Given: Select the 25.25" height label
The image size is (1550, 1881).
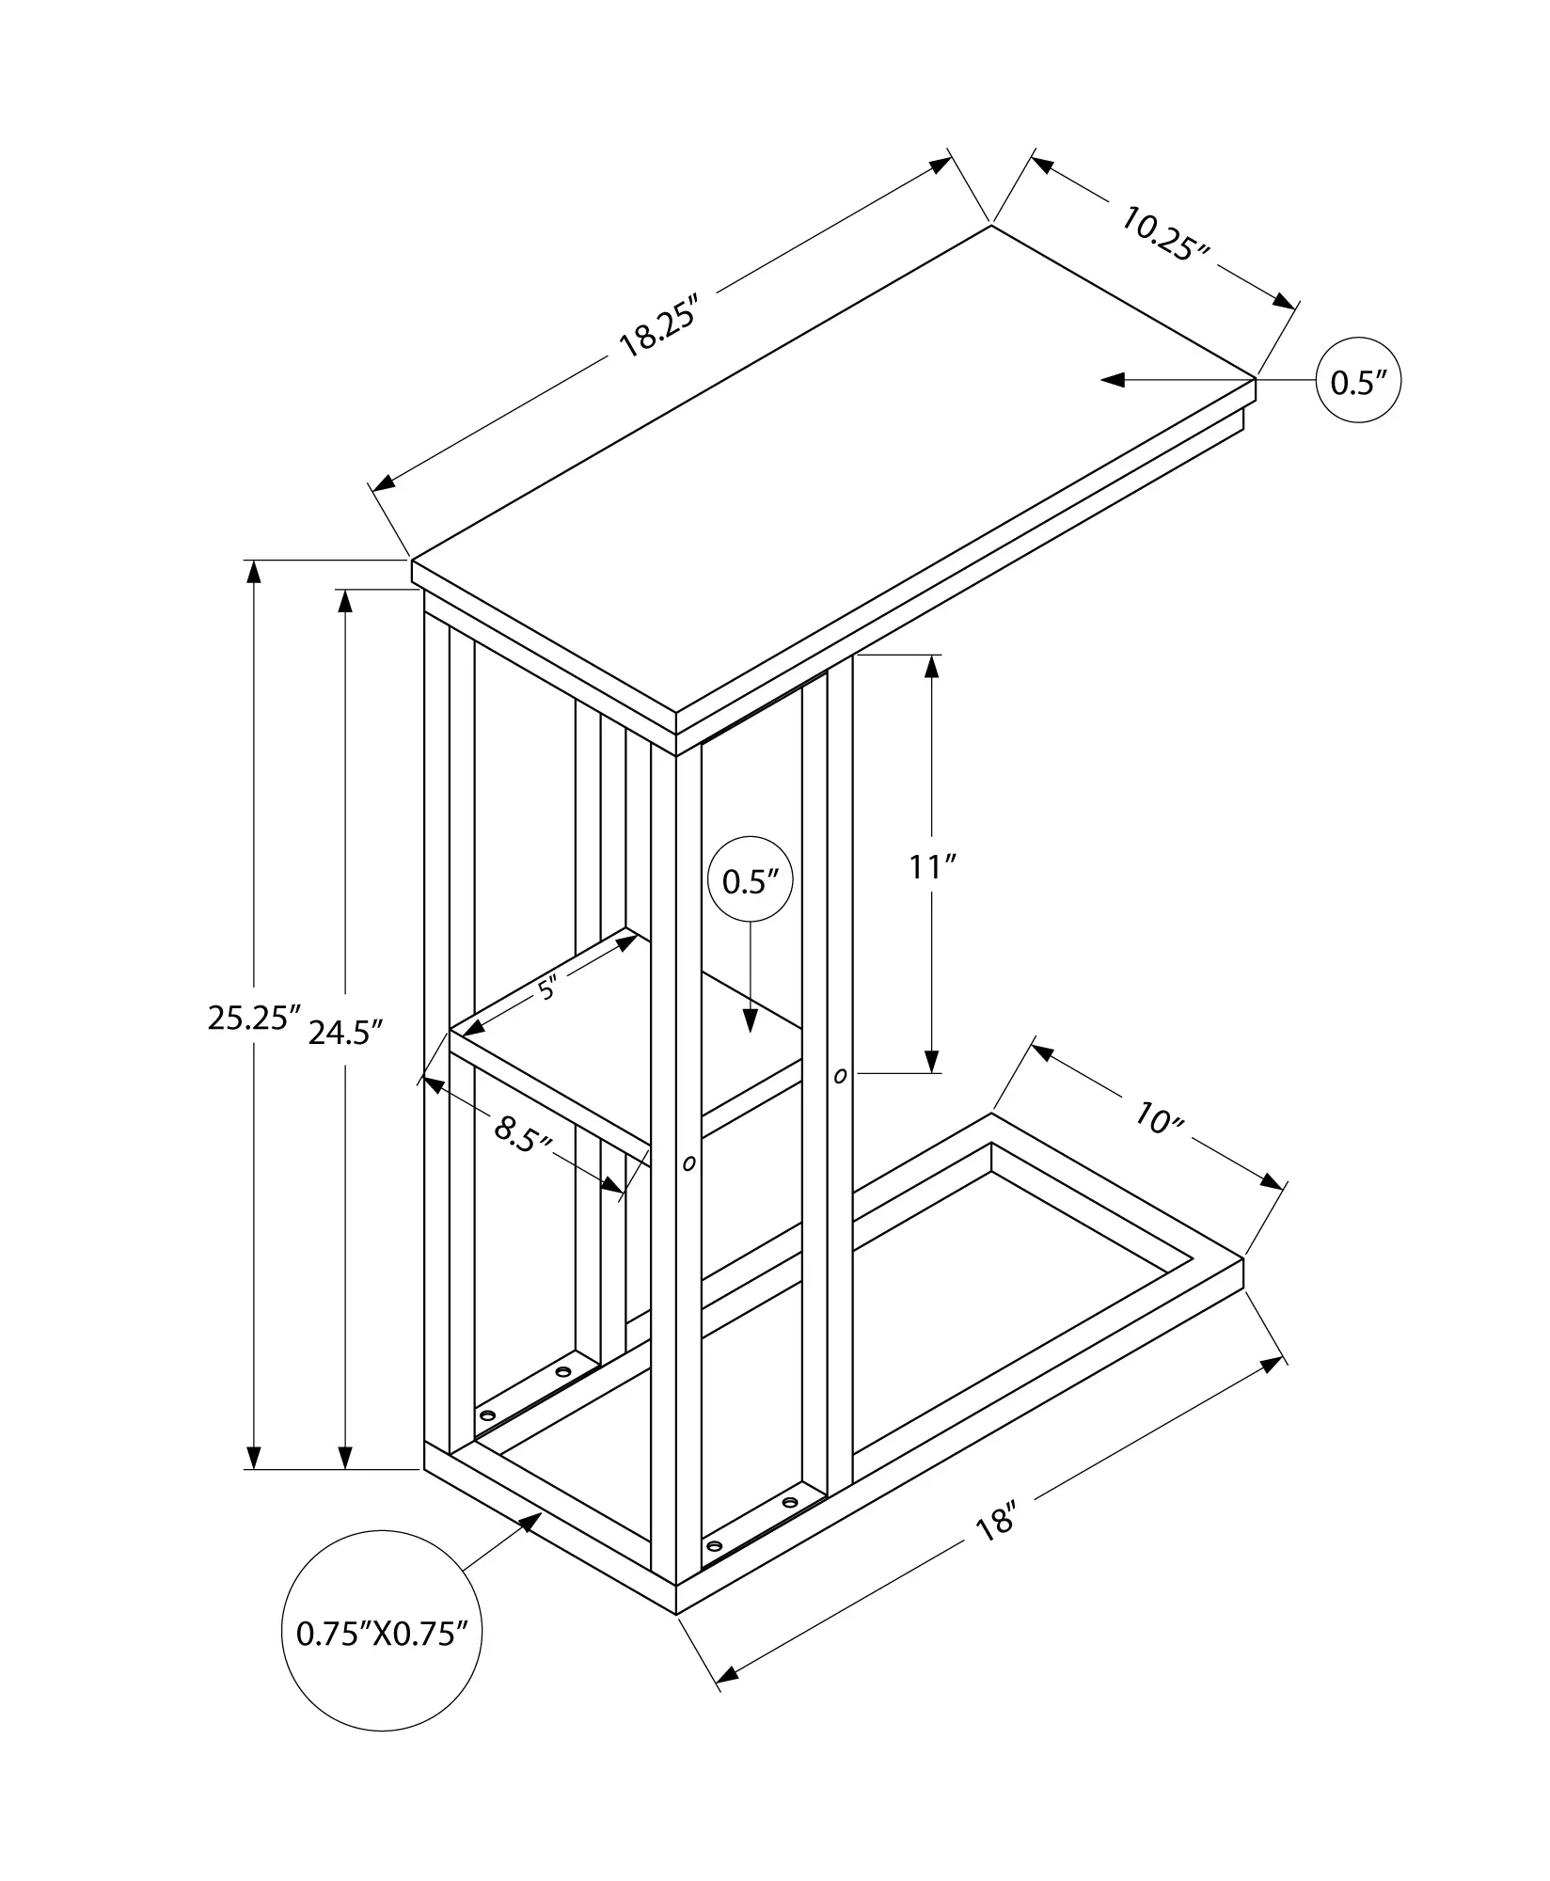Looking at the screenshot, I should pos(253,1018).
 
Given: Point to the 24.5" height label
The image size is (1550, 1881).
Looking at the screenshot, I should pos(346,1033).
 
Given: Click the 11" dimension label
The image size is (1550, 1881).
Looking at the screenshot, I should pos(932,866).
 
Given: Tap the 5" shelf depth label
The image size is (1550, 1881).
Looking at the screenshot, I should pos(547,988).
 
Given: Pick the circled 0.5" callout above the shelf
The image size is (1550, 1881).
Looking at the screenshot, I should pos(750,881).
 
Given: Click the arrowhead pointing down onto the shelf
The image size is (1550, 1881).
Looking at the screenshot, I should pos(750,1020).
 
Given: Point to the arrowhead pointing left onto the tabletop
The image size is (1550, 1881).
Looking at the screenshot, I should pos(1114,380).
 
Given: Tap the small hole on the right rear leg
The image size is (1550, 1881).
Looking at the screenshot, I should pos(840,1075).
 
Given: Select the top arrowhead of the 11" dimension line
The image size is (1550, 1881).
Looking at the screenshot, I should pos(932,666).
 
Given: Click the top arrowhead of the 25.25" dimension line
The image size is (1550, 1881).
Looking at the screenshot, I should pos(253,572).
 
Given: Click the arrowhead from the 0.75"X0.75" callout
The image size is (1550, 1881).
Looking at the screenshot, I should pos(530,1521).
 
